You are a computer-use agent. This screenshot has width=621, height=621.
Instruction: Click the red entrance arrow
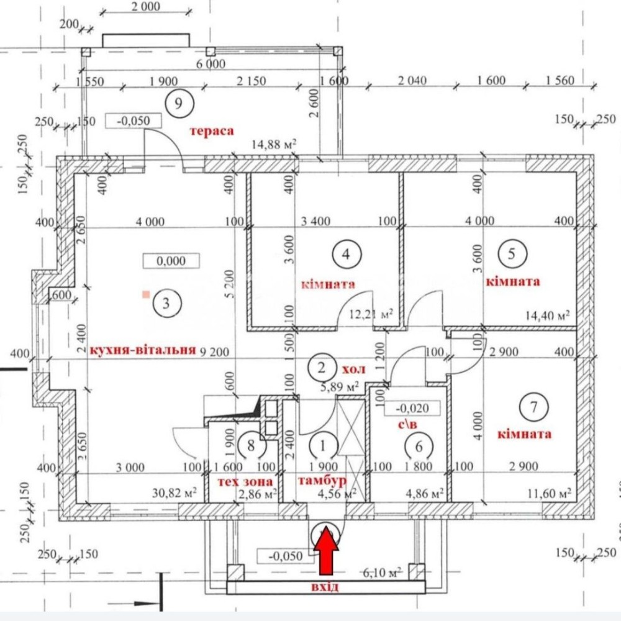327,550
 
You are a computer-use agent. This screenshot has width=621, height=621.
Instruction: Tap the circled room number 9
179,103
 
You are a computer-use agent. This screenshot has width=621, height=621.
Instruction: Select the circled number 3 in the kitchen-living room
166,304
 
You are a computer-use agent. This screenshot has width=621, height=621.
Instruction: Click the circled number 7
534,407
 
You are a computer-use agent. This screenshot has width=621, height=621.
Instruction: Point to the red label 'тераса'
212,130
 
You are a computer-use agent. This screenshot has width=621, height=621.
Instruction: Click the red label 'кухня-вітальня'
143,350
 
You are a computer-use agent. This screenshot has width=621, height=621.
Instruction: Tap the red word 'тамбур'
322,481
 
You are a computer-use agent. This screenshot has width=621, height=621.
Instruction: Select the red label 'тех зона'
245,482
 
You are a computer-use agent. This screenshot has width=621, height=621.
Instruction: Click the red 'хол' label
353,369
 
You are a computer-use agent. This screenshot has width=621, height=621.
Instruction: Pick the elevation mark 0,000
171,261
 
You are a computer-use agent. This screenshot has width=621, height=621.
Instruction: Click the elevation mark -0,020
412,408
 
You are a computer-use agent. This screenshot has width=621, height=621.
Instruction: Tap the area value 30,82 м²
175,493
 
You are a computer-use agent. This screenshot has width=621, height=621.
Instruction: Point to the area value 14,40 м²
548,315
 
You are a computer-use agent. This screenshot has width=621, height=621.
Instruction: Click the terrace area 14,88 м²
274,145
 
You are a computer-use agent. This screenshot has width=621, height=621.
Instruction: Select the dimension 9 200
214,351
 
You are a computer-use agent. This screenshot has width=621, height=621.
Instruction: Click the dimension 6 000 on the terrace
211,64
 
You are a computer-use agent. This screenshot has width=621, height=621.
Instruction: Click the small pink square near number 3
146,294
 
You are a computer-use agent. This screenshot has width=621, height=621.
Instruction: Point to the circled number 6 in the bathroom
419,446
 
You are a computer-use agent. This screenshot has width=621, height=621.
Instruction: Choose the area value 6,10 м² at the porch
382,573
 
